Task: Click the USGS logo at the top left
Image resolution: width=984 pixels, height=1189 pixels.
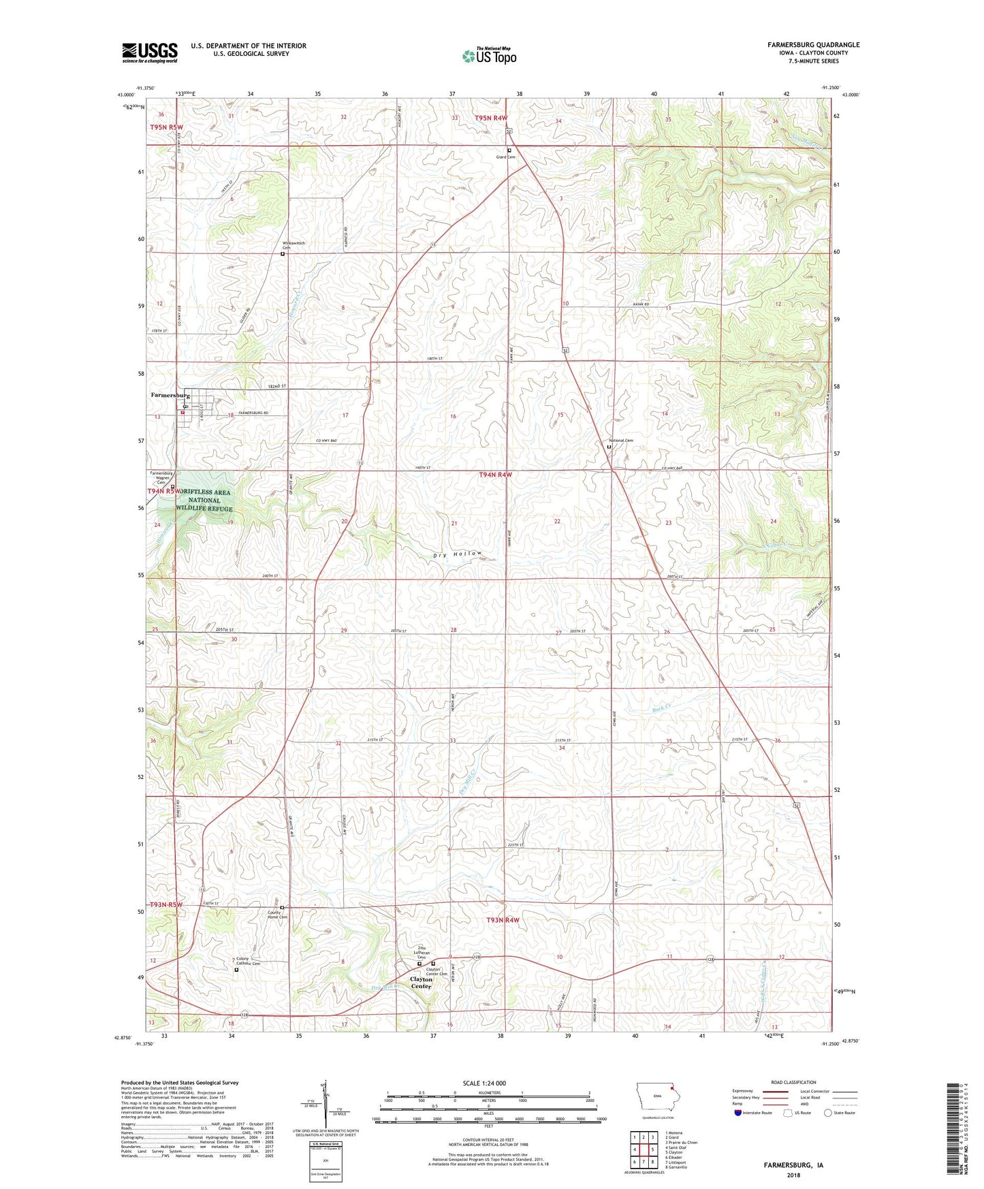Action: [x=150, y=52]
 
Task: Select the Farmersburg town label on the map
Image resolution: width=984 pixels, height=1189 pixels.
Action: [x=170, y=395]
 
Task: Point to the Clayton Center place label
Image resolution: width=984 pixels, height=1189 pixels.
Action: [x=421, y=983]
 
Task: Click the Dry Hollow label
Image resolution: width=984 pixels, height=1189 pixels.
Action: [x=458, y=554]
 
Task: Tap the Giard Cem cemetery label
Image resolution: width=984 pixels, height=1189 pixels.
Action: [x=505, y=157]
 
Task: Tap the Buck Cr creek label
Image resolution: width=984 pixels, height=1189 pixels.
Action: [x=661, y=708]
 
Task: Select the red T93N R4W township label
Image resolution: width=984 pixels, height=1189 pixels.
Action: [x=503, y=920]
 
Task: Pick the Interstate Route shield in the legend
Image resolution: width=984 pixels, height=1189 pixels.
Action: [x=738, y=1113]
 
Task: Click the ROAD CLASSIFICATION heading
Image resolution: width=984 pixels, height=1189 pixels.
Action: [x=793, y=1082]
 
